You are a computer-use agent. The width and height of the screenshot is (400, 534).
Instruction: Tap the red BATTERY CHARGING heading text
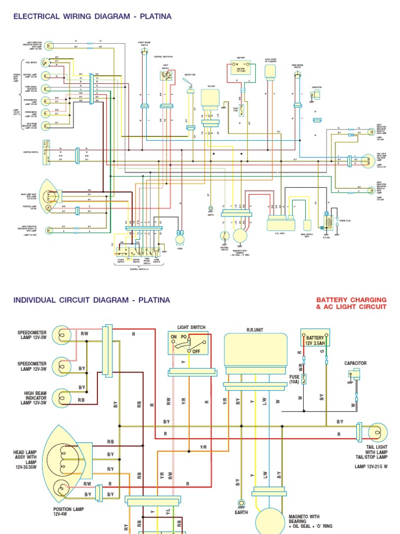pyautogui.click(x=351, y=300)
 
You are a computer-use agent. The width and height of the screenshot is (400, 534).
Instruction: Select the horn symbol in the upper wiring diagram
pyautogui.click(x=180, y=238)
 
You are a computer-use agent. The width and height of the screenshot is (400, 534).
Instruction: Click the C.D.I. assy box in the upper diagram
pyautogui.click(x=281, y=224)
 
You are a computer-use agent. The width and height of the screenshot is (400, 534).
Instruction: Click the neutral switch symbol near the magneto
pyautogui.click(x=224, y=236)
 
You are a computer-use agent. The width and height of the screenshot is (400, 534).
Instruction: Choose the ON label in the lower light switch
pyautogui.click(x=174, y=337)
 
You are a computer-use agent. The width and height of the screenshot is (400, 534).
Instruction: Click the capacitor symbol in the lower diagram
pyautogui.click(x=355, y=373)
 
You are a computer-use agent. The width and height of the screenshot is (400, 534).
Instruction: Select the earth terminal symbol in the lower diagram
pyautogui.click(x=241, y=504)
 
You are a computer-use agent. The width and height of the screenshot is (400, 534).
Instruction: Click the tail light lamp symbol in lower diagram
pyautogui.click(x=377, y=431)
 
